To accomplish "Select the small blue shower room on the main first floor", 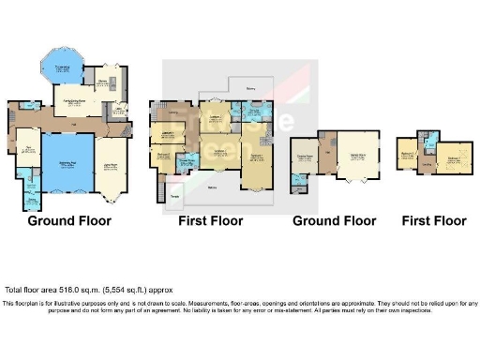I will tap(186, 163).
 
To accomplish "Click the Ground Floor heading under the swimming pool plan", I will tap(68, 222).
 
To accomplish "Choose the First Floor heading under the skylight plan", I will tap(434, 222).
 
